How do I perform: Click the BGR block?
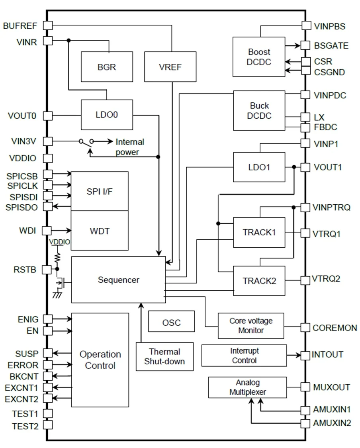pos(107,67)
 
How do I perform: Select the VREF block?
pos(170,67)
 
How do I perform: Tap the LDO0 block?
pos(107,115)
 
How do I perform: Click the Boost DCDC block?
pos(259,57)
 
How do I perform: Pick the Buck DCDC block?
pos(259,111)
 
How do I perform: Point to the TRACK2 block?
pos(259,281)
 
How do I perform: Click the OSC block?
pos(171,322)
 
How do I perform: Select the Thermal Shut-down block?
pos(164,357)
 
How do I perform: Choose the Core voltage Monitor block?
pos(251,325)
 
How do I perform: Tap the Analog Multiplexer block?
pos(247,387)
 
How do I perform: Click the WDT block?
pos(100,231)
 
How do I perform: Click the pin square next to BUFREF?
pos(48,25)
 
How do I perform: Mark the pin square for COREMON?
pos(305,327)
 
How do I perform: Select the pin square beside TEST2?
pos(48,425)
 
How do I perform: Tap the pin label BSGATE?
pos(331,46)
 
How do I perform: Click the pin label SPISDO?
pos(22,207)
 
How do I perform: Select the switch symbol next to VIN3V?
pos(86,142)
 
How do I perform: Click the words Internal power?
pos(129,147)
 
